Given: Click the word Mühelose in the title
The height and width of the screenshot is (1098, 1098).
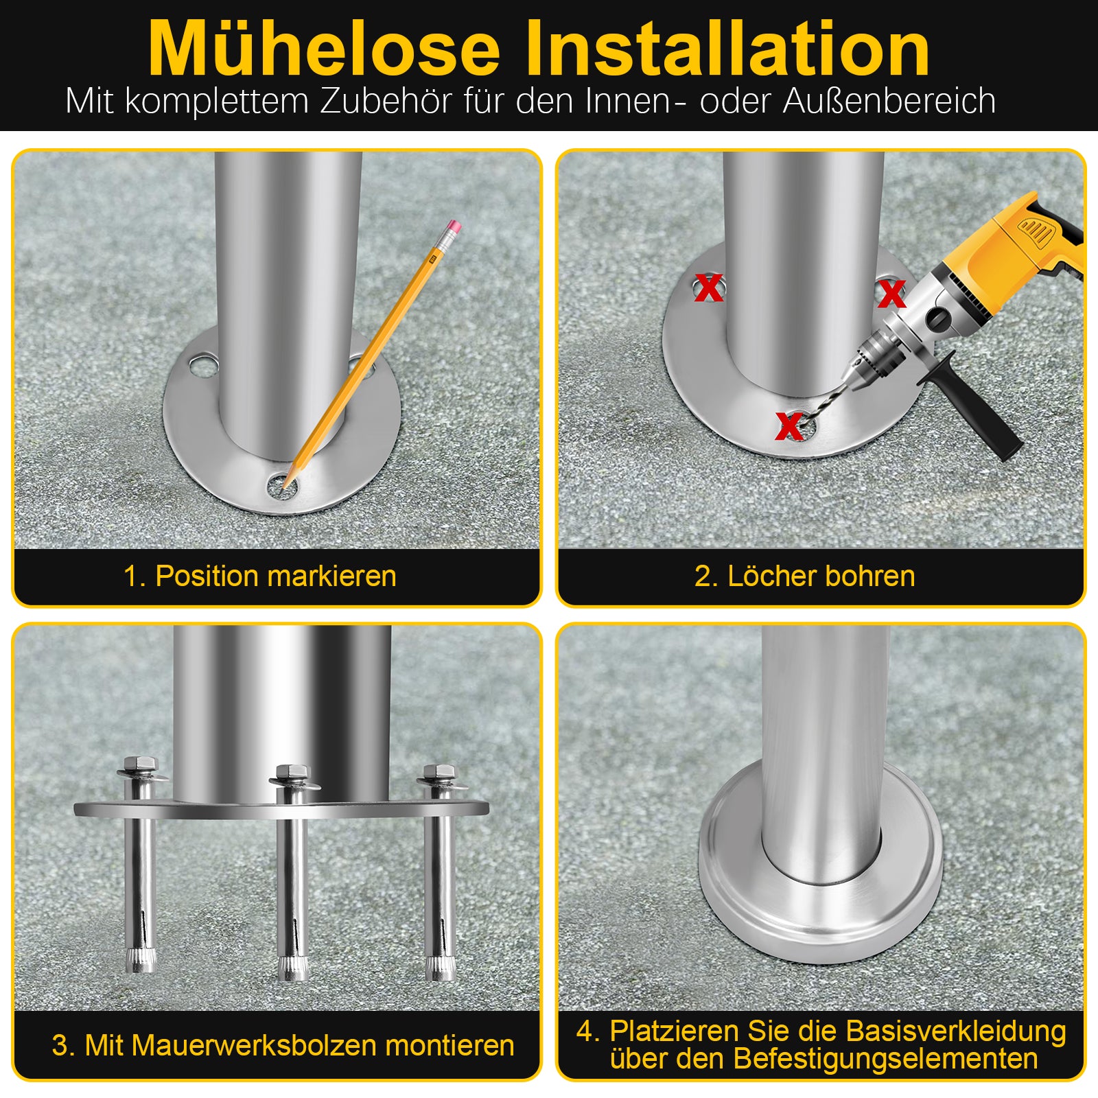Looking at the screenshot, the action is (324, 48).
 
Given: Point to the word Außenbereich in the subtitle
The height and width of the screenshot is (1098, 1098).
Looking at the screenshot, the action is (889, 100).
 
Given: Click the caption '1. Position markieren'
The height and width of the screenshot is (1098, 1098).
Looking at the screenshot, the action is (260, 576).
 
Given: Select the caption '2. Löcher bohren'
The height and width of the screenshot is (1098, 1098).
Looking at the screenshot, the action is (804, 576).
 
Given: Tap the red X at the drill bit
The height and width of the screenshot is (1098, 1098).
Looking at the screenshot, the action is (789, 426).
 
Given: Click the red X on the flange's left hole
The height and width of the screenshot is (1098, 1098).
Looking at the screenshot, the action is (708, 288).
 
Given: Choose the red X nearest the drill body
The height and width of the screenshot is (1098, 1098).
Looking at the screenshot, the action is (891, 294).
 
